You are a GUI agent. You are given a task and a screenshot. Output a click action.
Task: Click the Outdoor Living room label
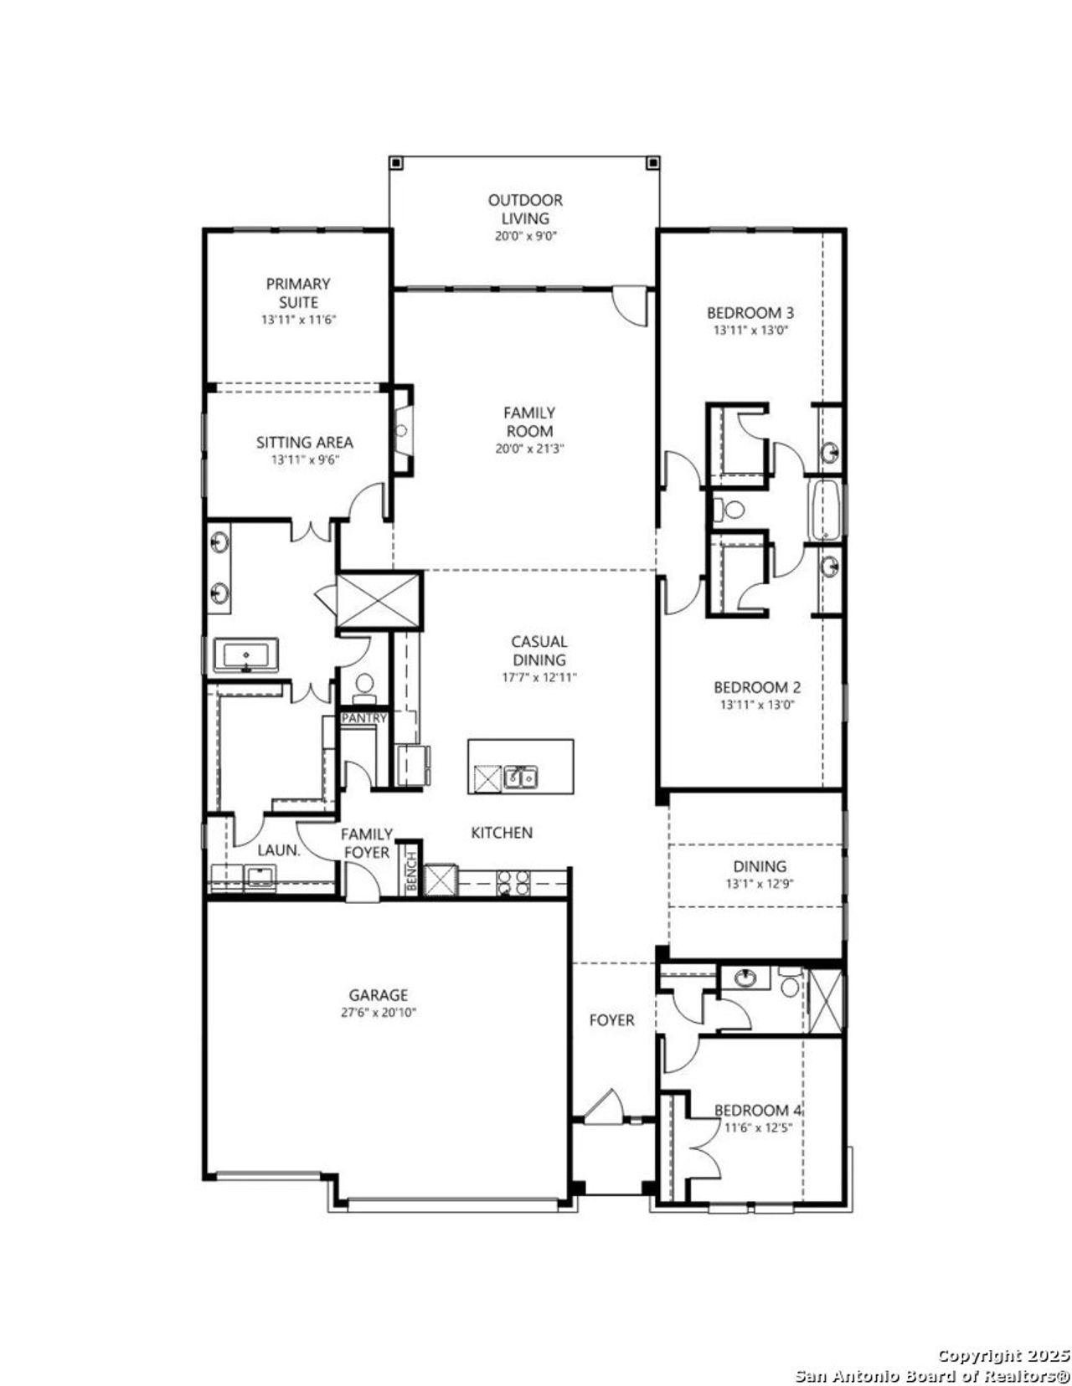point(525,209)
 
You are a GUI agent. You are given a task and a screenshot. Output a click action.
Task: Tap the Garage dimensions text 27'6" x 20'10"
point(378,1012)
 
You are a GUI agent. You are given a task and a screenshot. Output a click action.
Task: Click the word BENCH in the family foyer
point(411,870)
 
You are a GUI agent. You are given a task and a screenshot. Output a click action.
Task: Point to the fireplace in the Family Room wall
point(401,431)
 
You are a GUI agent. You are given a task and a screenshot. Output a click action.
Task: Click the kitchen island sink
point(521,778)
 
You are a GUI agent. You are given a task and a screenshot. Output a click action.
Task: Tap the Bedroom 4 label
point(757,1110)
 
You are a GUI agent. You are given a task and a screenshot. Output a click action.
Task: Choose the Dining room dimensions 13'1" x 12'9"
point(760,884)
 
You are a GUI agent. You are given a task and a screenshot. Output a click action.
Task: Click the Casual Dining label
point(539,650)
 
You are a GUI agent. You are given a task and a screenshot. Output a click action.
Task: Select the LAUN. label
point(279,850)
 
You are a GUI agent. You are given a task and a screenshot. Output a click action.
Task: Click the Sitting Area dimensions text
point(304,459)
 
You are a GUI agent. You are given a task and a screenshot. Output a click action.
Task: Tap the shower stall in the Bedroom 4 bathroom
point(826,1000)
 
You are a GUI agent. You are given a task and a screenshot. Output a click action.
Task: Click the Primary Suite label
point(298,293)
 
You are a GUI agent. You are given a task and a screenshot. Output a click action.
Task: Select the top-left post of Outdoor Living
point(397,163)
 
